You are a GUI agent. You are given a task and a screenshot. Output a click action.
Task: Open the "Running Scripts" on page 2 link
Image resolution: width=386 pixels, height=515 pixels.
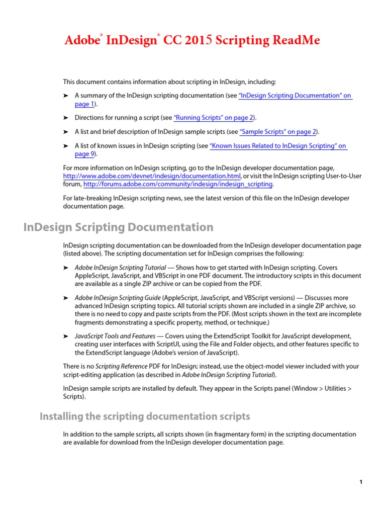213,118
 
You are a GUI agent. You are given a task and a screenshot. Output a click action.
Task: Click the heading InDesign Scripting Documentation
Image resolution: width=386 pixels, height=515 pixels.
119,227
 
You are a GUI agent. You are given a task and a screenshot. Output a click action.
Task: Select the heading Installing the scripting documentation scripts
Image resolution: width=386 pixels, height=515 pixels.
145,416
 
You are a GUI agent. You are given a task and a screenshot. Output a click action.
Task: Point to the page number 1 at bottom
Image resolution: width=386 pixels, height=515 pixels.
361,482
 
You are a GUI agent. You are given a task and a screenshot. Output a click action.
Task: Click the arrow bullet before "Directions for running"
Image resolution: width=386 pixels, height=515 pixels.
65,118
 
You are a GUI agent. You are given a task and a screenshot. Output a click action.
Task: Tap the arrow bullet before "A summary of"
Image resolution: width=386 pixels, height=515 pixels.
65,96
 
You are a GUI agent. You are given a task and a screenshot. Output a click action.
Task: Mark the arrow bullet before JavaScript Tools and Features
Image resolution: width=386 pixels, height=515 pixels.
65,336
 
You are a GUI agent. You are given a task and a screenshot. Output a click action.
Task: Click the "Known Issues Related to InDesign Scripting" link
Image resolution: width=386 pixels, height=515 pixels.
277,146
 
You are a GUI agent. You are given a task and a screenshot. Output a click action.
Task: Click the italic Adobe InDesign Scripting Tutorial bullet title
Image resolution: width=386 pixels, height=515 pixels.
121,268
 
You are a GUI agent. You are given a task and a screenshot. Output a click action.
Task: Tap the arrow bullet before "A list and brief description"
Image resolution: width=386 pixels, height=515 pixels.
65,132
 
